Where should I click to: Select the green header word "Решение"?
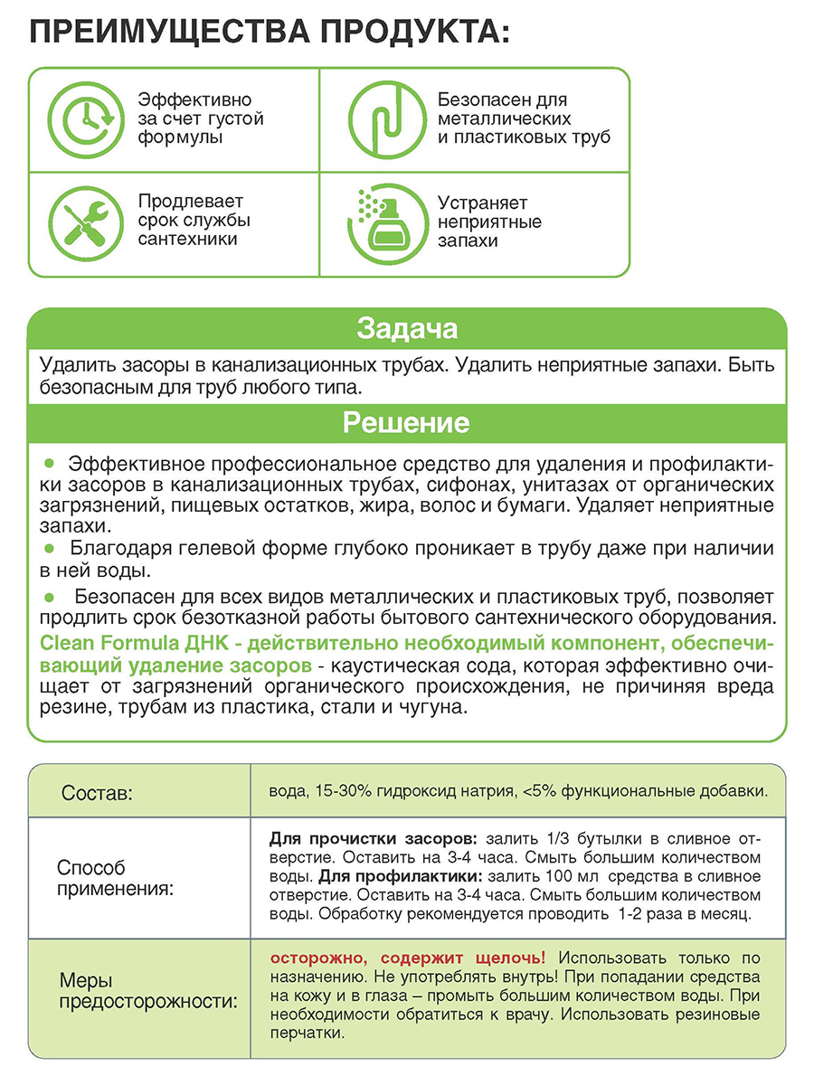(x=406, y=422)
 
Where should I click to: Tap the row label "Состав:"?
(x=97, y=794)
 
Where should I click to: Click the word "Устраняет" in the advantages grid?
(x=482, y=203)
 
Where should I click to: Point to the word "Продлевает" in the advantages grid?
(x=191, y=202)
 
